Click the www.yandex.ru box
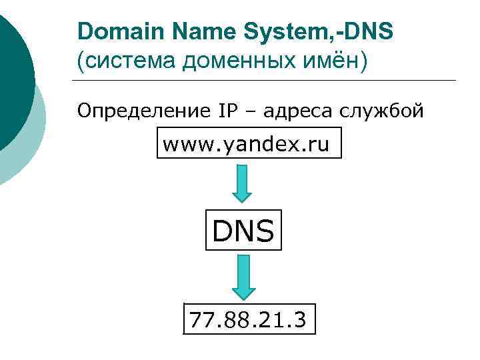point(249,144)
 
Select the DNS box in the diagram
point(243,231)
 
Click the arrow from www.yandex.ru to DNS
point(243,183)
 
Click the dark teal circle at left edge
point(13,80)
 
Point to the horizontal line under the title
point(267,81)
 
